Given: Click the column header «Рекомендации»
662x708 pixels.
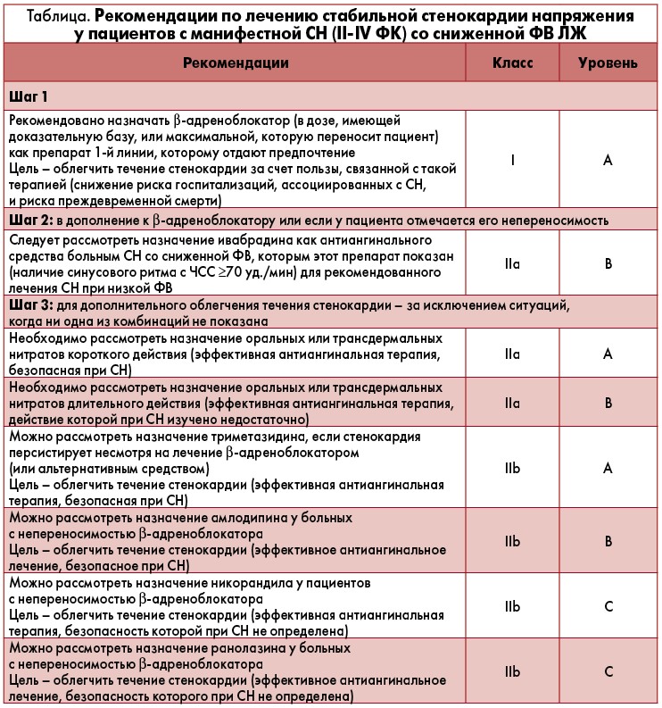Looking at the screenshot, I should click(x=236, y=63).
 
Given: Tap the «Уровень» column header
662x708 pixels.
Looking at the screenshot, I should click(x=608, y=63).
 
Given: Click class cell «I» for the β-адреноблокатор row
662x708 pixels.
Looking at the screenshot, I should click(x=512, y=161).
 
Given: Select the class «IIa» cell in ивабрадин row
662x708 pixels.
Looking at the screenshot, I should click(x=512, y=264).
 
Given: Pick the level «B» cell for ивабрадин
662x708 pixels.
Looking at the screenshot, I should click(x=608, y=264).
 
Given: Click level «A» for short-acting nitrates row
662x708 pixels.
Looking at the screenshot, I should click(x=608, y=354).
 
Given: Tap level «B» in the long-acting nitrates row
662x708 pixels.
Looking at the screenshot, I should click(x=608, y=403).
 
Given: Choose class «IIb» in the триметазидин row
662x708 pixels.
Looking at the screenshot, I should click(x=512, y=468).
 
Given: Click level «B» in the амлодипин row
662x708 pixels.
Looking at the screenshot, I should click(x=608, y=541).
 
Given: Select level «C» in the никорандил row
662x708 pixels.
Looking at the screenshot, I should click(x=608, y=606).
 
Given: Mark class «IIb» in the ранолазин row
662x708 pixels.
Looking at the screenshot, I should click(x=512, y=671).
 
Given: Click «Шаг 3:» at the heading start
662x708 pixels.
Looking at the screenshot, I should click(x=30, y=305).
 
